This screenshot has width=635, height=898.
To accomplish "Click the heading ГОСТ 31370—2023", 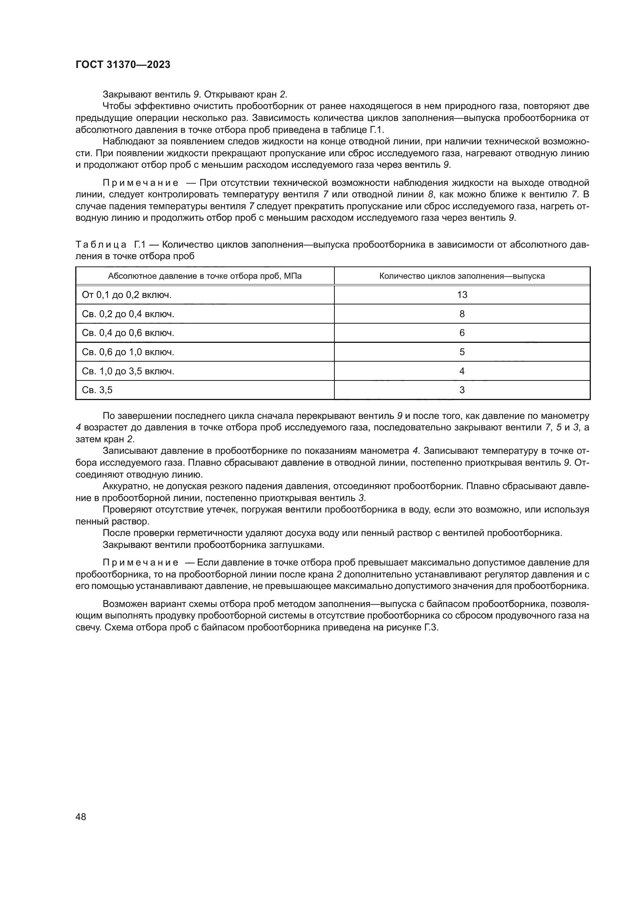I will coord(123,65).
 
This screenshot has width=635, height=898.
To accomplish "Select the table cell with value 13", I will coord(462,295).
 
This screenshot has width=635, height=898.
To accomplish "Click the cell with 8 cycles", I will coord(462,314).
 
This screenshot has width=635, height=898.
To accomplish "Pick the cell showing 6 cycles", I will coord(462,333).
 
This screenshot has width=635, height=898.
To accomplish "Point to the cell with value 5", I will coord(462,352).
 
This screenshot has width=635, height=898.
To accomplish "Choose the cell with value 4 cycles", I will coord(462,371).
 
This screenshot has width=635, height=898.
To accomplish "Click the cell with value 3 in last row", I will coord(462,390).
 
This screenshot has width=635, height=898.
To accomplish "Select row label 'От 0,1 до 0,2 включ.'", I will coord(127,295).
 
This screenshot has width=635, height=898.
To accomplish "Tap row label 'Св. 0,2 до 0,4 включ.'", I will coord(128,314).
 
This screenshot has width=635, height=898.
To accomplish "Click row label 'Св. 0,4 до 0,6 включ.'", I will coord(128,333).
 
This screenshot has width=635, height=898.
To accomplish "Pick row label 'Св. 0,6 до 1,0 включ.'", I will coord(128,352).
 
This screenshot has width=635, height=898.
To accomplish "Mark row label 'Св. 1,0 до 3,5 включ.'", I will coord(128,371).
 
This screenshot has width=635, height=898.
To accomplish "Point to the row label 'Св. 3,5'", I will coord(97,390).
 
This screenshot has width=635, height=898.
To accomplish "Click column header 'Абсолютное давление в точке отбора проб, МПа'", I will coord(205,276).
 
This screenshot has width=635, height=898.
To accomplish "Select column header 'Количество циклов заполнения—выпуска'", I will coord(462,276).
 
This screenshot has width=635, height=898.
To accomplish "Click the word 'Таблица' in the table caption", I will coord(101,245).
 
